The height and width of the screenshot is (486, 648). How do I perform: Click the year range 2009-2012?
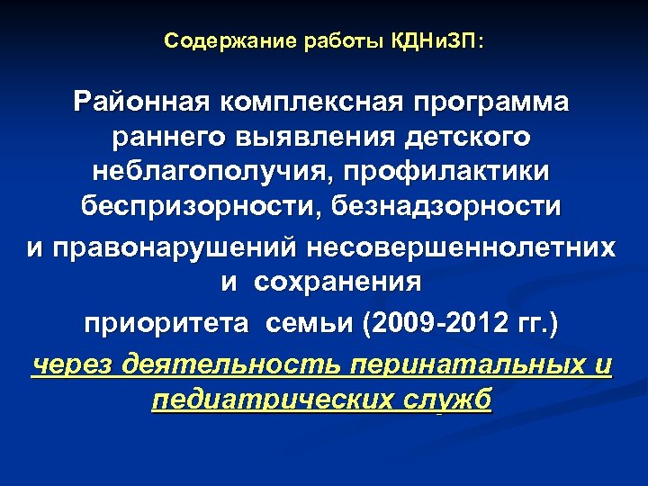click(x=423, y=321)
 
